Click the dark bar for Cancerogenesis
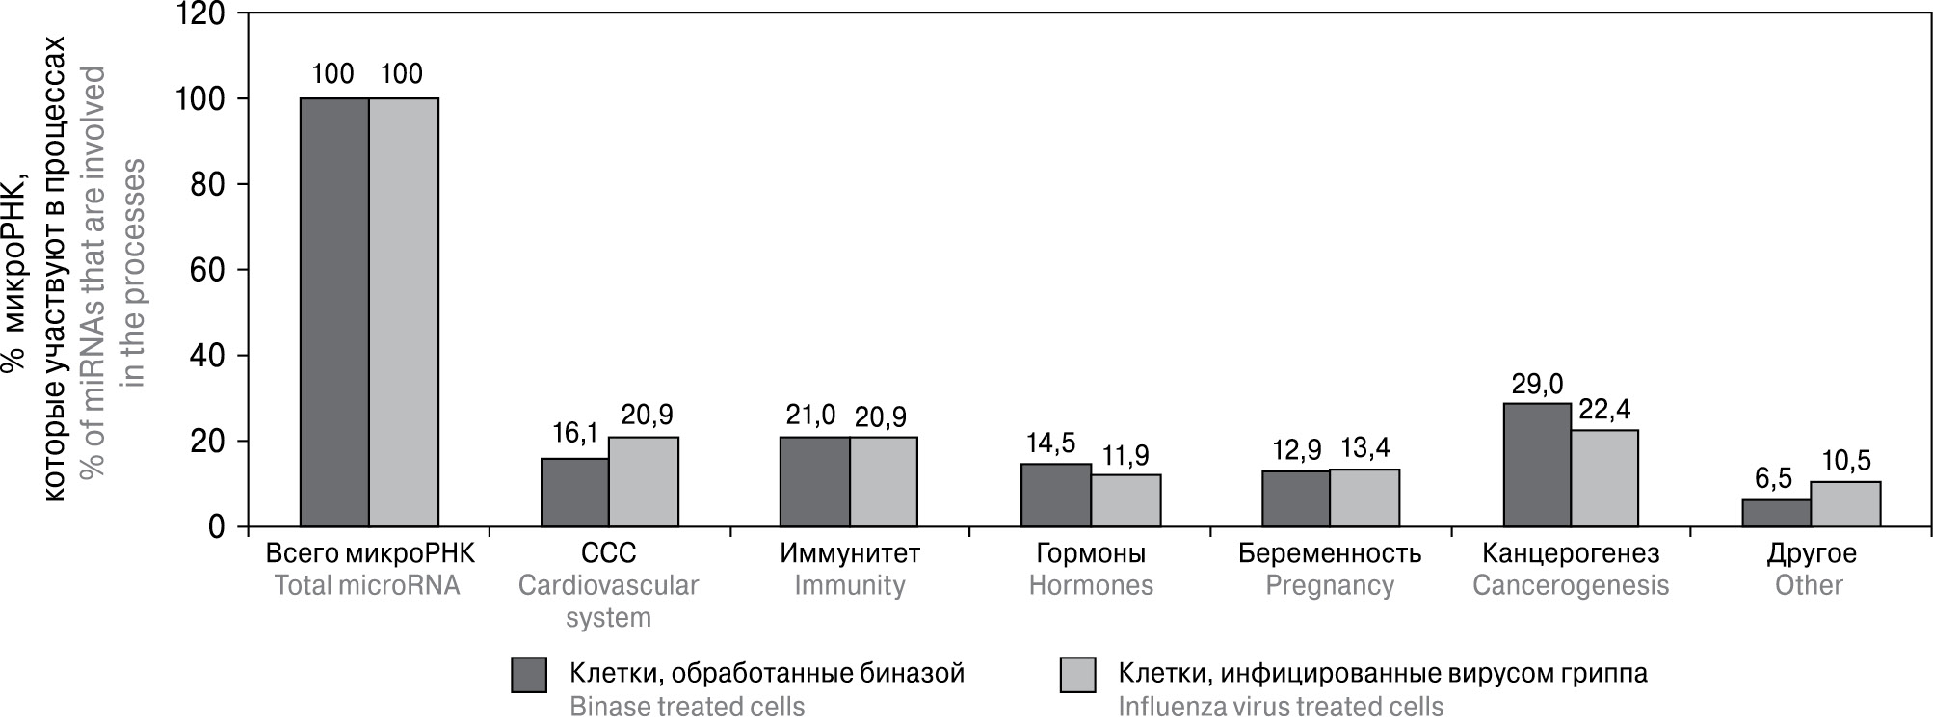point(1537,465)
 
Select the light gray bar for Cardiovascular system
point(643,482)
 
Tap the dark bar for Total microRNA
point(334,312)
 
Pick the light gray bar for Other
point(1845,504)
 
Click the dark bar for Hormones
point(1056,496)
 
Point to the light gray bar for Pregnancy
point(1364,497)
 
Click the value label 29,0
point(1537,386)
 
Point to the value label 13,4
point(1364,448)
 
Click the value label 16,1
point(575,434)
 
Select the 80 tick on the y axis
point(208,184)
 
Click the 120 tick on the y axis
point(201,14)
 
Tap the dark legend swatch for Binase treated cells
point(529,675)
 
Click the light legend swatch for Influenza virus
point(1078,675)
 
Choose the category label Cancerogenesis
point(1571,585)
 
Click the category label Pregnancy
point(1330,585)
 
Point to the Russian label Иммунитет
point(850,553)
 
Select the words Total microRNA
point(367,585)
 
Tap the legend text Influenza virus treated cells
point(1281,707)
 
